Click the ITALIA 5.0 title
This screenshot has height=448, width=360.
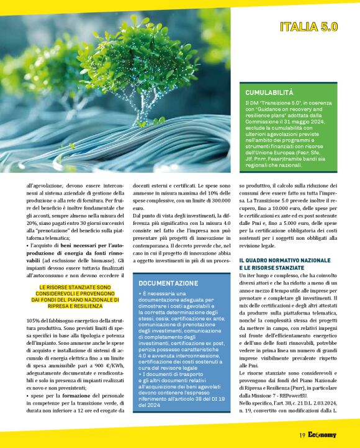pyautogui.click(x=308, y=27)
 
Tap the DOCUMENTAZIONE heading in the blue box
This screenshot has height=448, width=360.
pyautogui.click(x=169, y=283)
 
